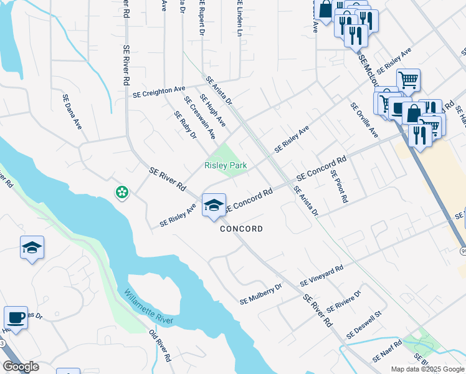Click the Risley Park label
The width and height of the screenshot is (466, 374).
(x=226, y=165)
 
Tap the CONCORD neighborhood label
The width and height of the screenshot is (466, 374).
(x=241, y=229)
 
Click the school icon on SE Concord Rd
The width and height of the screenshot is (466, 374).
(x=214, y=205)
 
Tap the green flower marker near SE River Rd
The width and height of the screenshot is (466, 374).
(x=122, y=193)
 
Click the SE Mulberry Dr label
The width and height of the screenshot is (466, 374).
(x=261, y=294)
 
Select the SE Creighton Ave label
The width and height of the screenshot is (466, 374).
(x=159, y=92)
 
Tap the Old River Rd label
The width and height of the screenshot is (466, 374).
(x=159, y=345)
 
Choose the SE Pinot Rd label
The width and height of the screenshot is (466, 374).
(x=339, y=187)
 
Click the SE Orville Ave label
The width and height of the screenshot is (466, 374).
(x=364, y=120)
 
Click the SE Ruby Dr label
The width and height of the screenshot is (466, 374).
(x=185, y=125)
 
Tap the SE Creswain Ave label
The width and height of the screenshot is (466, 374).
(x=199, y=117)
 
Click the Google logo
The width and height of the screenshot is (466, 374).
(x=21, y=366)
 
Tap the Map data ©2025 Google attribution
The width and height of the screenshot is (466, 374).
(x=427, y=369)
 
